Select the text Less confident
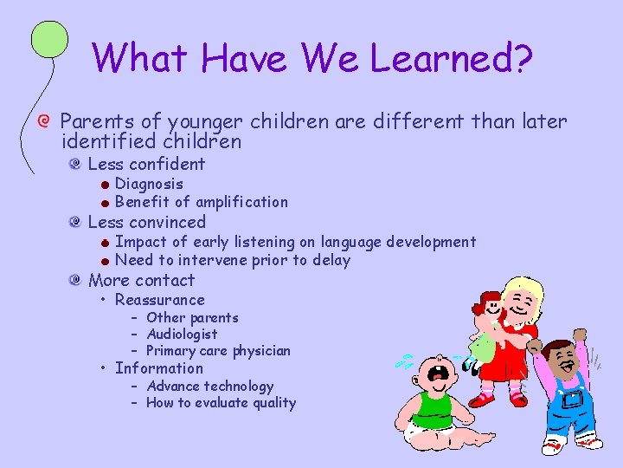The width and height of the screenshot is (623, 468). pyautogui.click(x=146, y=164)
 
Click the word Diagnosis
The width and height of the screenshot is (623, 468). pyautogui.click(x=149, y=184)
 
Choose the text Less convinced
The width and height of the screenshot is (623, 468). pyautogui.click(x=147, y=222)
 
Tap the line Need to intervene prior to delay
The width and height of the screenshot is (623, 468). pyautogui.click(x=232, y=260)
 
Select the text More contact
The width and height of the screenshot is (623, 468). pyautogui.click(x=142, y=280)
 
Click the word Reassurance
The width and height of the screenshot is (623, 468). pyautogui.click(x=160, y=300)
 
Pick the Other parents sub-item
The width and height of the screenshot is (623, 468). pyautogui.click(x=192, y=317)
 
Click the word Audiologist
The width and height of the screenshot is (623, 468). pyautogui.click(x=182, y=334)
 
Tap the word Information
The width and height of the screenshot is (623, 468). pyautogui.click(x=159, y=368)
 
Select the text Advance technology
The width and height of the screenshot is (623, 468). pyautogui.click(x=209, y=387)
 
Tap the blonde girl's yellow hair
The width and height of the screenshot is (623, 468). pyautogui.click(x=526, y=289)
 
